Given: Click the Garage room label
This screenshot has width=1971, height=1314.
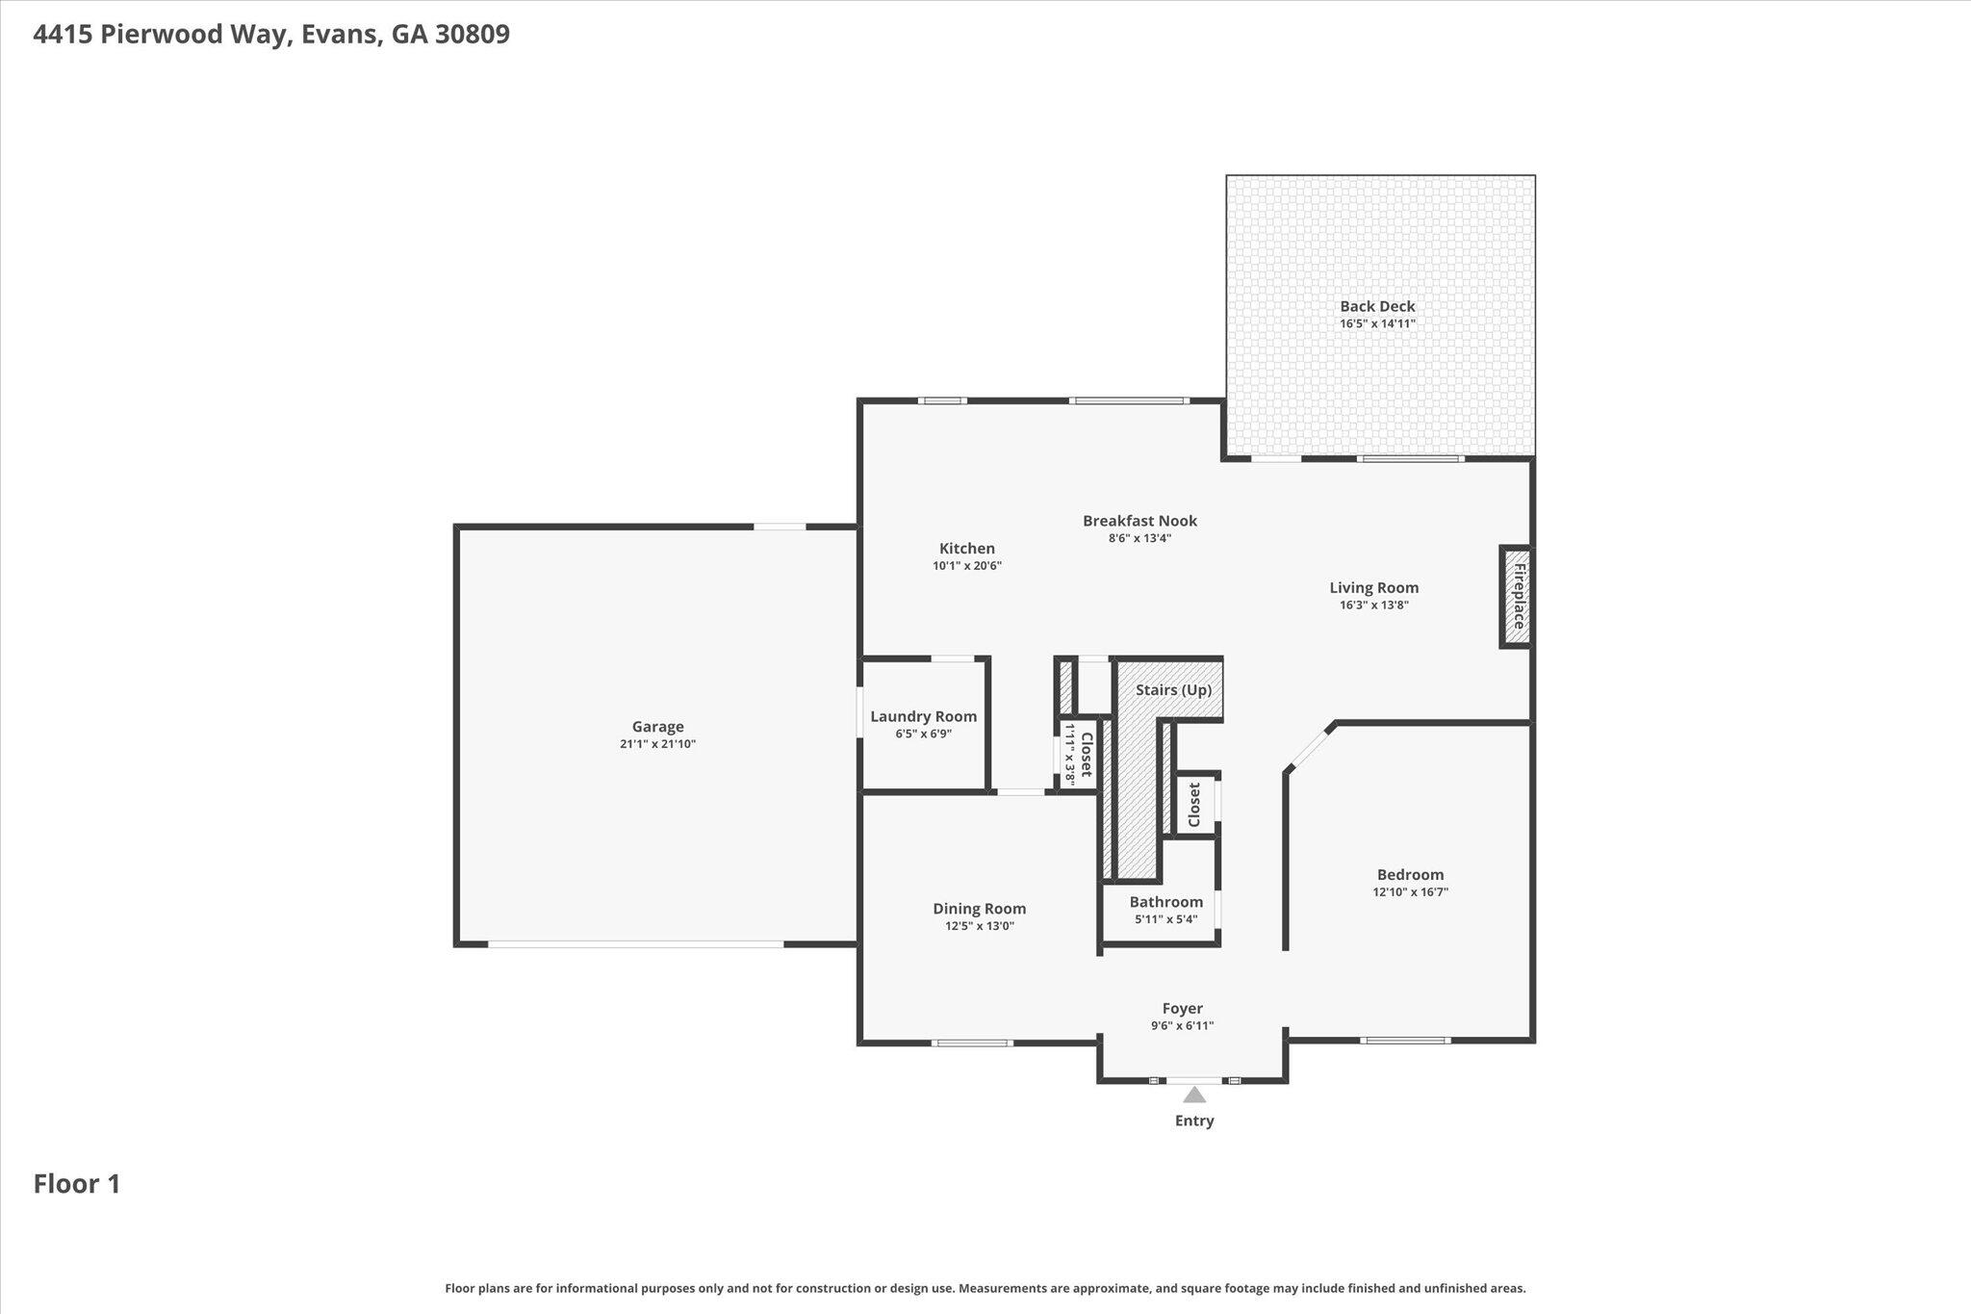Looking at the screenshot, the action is pos(657,727).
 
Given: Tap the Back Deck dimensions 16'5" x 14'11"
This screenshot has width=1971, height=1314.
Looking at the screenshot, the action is pos(1377,323).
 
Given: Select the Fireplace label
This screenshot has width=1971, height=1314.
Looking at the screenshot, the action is pos(1519,597).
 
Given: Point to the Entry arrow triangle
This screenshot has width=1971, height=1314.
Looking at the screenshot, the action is pos(1194,1095).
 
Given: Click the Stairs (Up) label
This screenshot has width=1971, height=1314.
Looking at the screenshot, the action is pos(1173,690).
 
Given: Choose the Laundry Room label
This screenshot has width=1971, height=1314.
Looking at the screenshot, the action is pos(924,716).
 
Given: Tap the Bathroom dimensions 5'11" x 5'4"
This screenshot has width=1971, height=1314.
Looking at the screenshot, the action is pos(1166,919).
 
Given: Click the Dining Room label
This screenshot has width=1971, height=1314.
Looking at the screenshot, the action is pos(980,909).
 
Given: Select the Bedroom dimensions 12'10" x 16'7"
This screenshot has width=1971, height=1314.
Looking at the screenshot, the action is pos(1411,892).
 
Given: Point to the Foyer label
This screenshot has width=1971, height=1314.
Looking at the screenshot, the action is pos(1183,1009).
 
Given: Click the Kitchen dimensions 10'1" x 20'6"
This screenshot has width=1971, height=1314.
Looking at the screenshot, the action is pos(967,566).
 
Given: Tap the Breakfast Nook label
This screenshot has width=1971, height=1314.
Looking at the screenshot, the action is pos(1140,521).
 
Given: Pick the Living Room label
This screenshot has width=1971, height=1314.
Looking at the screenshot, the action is pos(1374,587).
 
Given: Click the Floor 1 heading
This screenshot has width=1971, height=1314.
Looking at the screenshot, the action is pos(77,1184).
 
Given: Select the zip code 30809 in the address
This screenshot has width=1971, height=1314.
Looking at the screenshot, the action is pos(472,35).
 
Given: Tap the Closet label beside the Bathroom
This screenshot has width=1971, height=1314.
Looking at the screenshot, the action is pos(1195,804).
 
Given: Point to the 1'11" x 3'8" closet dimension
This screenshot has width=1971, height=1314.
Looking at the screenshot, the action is pos(1068,755).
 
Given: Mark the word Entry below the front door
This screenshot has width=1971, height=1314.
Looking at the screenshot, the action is pos(1194,1121).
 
